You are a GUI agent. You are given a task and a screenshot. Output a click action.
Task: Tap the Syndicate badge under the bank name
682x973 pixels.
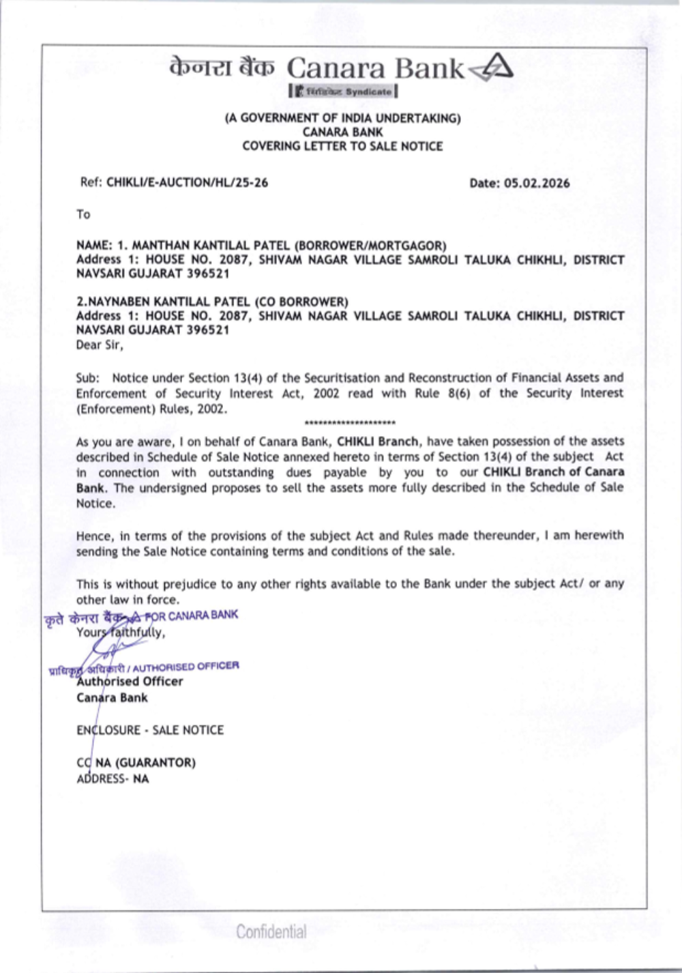click(x=343, y=91)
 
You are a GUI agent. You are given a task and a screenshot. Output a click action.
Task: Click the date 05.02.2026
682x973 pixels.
click(x=537, y=183)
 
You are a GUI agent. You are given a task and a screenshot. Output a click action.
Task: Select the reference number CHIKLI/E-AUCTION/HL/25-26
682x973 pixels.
click(x=187, y=182)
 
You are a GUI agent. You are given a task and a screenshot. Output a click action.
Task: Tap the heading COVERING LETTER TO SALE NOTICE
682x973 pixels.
click(x=342, y=146)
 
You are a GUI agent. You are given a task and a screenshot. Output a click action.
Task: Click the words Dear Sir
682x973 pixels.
click(x=100, y=345)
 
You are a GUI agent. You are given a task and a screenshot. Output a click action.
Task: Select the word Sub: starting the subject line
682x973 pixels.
click(x=87, y=377)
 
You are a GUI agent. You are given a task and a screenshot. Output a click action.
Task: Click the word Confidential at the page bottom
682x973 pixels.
click(x=271, y=931)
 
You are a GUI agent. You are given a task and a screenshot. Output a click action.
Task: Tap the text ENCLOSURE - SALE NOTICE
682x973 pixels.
click(x=150, y=730)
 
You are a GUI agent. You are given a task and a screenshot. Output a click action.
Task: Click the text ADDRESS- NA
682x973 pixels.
click(x=113, y=779)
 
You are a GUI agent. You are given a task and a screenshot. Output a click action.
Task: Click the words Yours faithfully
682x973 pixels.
click(x=121, y=632)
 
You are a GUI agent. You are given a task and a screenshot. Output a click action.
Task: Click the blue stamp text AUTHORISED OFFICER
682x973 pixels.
click(x=186, y=667)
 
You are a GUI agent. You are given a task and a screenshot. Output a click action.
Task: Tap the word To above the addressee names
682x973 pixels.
click(x=83, y=214)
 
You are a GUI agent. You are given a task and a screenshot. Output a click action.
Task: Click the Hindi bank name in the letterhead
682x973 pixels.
click(x=222, y=68)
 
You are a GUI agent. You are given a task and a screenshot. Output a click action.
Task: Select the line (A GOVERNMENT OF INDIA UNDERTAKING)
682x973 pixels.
click(x=342, y=118)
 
